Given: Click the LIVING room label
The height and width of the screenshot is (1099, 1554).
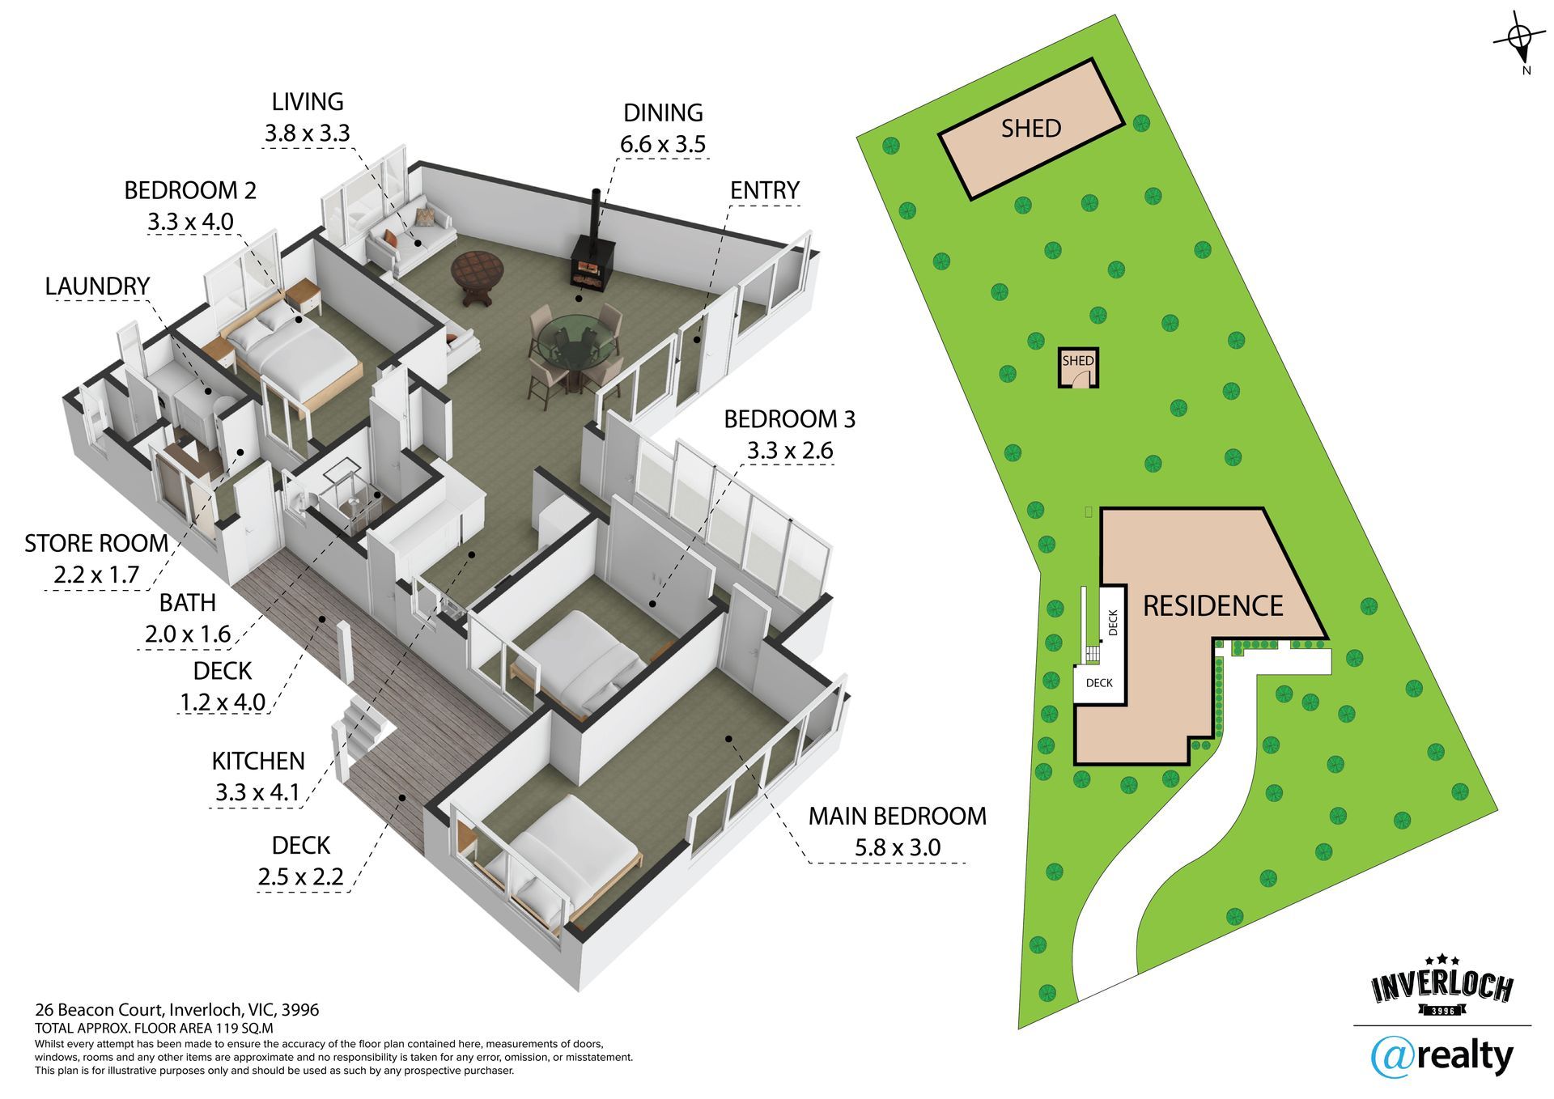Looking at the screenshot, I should [x=307, y=102].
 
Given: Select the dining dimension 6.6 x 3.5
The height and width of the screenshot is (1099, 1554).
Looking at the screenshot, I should [x=662, y=144].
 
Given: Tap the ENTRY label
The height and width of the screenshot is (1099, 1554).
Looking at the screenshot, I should [x=764, y=190].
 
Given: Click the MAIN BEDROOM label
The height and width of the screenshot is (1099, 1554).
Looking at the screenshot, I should [x=897, y=816].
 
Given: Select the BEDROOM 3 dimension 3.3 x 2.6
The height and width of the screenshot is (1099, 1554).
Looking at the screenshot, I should [x=789, y=451].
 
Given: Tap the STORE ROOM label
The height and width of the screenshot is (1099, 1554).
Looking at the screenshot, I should [x=96, y=543].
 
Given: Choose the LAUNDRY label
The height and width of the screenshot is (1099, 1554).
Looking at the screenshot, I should [x=97, y=286].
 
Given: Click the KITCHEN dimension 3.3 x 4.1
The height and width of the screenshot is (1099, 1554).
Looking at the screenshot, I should [x=257, y=792].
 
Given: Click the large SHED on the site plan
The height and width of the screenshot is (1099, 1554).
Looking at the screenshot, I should [x=1031, y=129].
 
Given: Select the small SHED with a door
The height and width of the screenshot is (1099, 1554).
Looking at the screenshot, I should [x=1078, y=368].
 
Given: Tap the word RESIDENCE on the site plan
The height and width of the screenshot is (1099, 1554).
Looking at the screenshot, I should [x=1212, y=605].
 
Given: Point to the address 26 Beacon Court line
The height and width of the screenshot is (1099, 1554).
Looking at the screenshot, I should [x=176, y=1010].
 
